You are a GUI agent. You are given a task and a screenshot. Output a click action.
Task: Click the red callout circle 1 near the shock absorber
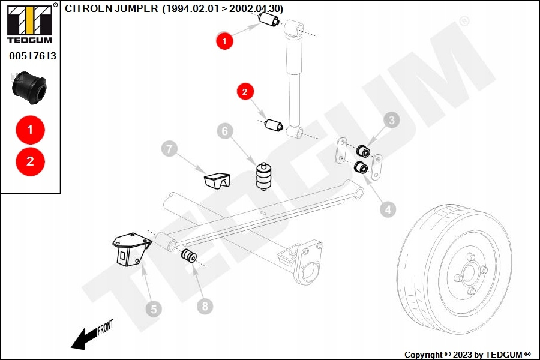pyautogui.click(x=224, y=41)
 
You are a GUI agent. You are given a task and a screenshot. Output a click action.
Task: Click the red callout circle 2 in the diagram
pyautogui.click(x=245, y=92)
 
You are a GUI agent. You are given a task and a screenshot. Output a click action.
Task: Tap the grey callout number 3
pyautogui.click(x=392, y=120)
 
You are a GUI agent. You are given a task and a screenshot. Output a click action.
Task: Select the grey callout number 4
pyautogui.click(x=388, y=209)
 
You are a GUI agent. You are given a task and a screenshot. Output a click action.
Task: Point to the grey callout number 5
pyautogui.click(x=153, y=309)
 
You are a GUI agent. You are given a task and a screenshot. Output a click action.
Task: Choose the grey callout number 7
pyautogui.click(x=169, y=148)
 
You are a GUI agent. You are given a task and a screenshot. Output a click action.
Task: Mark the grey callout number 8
pyautogui.click(x=205, y=307)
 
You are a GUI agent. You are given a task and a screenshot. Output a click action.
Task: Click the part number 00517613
pyautogui.click(x=32, y=56)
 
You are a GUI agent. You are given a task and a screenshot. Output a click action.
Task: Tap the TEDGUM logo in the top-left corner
pyautogui.click(x=29, y=24)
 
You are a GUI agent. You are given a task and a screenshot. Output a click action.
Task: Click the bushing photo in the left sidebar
pyautogui.click(x=29, y=86)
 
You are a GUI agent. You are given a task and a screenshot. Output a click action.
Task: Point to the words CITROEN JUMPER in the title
pyautogui.click(x=112, y=8)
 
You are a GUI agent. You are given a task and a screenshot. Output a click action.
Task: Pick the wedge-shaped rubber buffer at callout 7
pyautogui.click(x=217, y=179)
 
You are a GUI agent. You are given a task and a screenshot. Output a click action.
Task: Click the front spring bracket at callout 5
pyautogui.click(x=130, y=248)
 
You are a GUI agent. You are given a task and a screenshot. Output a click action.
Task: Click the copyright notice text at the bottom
pyautogui.click(x=467, y=355)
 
